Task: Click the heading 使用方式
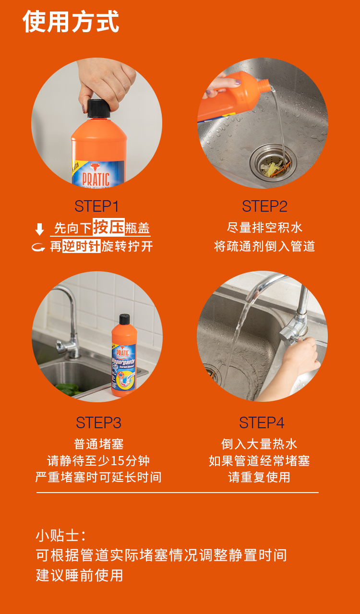click(x=71, y=22)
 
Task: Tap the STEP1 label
click(x=96, y=206)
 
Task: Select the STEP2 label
click(x=264, y=206)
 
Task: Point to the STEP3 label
click(x=98, y=422)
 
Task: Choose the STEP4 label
click(x=262, y=422)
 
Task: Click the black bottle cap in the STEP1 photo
click(x=98, y=109)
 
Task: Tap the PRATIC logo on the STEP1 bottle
click(x=96, y=178)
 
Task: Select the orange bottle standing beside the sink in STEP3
click(x=124, y=356)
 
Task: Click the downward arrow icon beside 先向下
click(x=40, y=229)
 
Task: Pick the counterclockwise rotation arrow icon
click(x=38, y=247)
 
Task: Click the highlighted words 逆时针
click(x=82, y=246)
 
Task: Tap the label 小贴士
click(x=60, y=535)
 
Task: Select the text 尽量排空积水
click(x=264, y=228)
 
